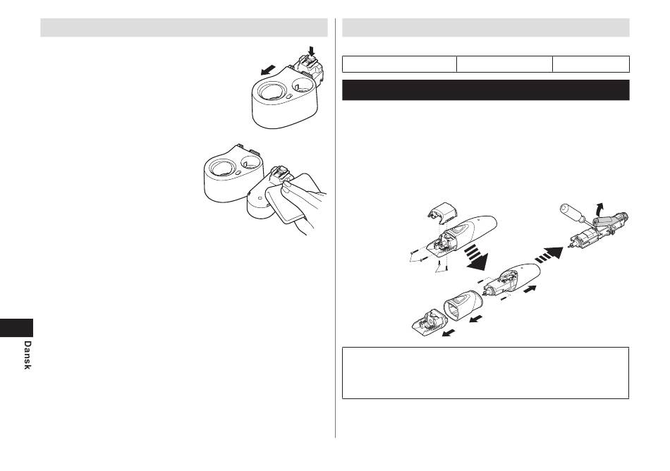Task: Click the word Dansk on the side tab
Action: pos(28,355)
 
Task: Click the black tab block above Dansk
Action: pos(16,328)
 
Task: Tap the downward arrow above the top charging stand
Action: pos(312,51)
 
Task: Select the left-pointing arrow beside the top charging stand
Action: pos(268,70)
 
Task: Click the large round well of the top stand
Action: pos(271,92)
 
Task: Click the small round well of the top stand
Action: pos(303,84)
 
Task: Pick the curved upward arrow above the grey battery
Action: pos(600,209)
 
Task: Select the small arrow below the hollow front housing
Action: pos(476,319)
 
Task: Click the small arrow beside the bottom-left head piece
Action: pos(449,333)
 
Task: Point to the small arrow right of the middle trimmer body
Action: pos(530,290)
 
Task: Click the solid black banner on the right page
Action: pos(485,90)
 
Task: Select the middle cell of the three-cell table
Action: pos(504,64)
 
